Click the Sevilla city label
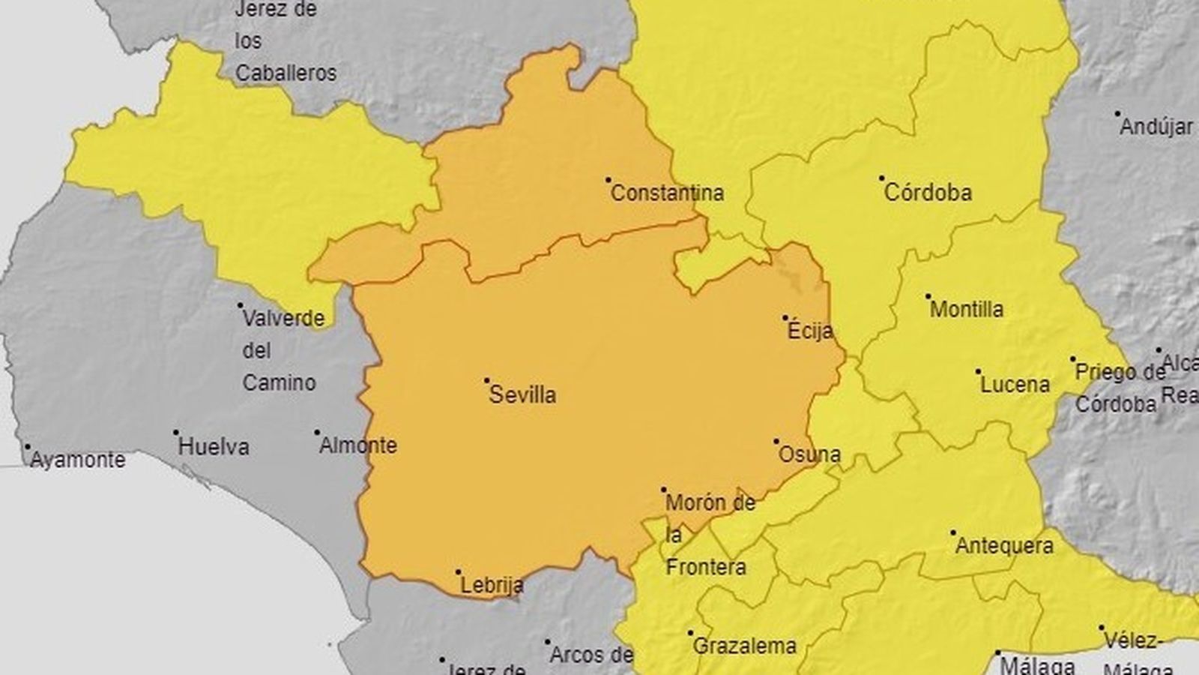click(522, 395)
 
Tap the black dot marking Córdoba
click(882, 178)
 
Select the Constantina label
click(667, 193)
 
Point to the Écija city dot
click(785, 317)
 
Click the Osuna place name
click(809, 454)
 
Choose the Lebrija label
click(492, 586)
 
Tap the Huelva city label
click(214, 447)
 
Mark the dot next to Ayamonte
click(28, 446)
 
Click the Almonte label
click(358, 445)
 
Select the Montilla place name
click(967, 309)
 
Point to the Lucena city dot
click(979, 371)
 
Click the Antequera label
click(1004, 545)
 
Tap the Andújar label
click(1156, 127)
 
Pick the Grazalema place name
click(744, 646)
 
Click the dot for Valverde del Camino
click(241, 305)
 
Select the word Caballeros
click(286, 73)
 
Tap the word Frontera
click(706, 567)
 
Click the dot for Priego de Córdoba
click(1072, 360)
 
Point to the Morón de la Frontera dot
click(664, 490)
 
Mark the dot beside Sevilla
click(486, 381)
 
